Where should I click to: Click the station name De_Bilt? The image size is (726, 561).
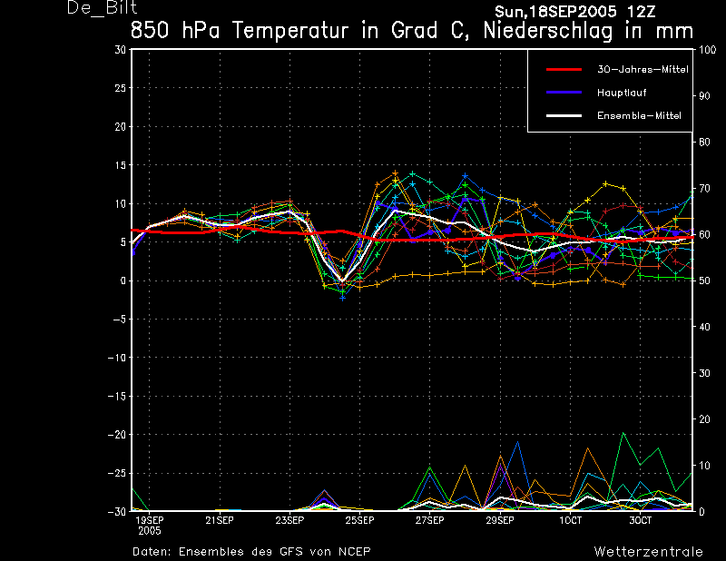point(102,8)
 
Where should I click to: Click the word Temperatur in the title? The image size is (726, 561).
point(289,31)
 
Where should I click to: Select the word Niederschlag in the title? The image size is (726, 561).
point(548,31)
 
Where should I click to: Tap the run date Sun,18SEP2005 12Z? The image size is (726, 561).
point(575,11)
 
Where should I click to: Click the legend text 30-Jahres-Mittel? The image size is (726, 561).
point(643,70)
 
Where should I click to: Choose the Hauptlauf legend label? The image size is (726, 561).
point(622,93)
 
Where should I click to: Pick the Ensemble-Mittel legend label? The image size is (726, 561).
point(639,115)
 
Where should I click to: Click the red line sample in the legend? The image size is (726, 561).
point(564,70)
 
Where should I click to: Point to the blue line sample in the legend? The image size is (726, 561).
point(564,93)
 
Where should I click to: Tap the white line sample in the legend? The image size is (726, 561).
point(564,115)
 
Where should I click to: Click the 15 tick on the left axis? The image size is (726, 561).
point(120,165)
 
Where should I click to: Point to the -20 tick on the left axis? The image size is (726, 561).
point(117,435)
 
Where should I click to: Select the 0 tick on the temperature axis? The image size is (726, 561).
point(123,280)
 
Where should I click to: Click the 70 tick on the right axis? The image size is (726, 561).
point(704,189)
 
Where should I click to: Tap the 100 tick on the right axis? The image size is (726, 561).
point(707,50)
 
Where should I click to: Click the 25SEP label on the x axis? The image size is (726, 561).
point(359,520)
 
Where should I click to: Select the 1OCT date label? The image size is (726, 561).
point(571,520)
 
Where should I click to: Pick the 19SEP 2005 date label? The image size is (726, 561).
point(150,526)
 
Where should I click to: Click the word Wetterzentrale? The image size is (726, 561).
point(648,551)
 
